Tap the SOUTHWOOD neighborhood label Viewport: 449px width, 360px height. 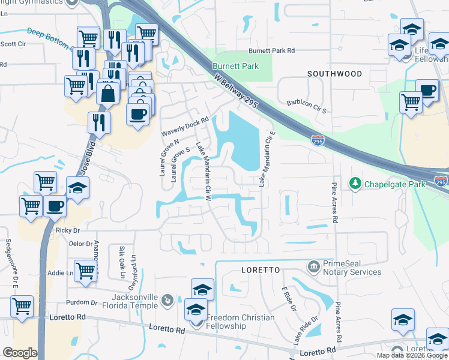334,74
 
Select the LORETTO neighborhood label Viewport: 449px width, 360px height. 261,270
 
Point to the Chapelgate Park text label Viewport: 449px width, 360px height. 395,184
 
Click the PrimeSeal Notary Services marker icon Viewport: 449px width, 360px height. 313,266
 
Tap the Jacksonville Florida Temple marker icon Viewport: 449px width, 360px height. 167,298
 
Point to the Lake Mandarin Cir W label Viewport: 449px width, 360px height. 204,170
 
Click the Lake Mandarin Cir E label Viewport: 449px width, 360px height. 267,159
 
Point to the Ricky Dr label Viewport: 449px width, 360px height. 68,230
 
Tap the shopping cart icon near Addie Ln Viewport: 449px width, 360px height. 86,271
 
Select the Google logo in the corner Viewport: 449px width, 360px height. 20,353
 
